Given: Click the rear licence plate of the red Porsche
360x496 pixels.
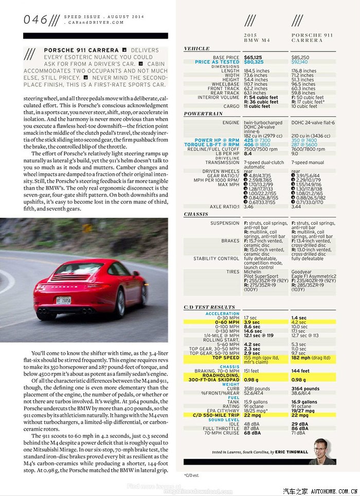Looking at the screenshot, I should pos(64,300).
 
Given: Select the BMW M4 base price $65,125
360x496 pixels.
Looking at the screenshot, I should pos(253,58).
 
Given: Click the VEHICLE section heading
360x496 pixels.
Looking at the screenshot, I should pos(197,49).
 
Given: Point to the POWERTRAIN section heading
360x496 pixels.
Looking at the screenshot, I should pos(203,114).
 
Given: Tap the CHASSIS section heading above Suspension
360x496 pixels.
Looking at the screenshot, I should pos(196,214).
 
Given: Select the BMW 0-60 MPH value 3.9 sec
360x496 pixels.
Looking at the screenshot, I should pos(252,322).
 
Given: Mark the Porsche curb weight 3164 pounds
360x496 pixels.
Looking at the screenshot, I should pos(305,389).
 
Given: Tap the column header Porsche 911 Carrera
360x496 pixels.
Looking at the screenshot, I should pos(307,38).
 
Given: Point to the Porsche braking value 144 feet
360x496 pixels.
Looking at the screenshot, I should pos(300,371).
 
